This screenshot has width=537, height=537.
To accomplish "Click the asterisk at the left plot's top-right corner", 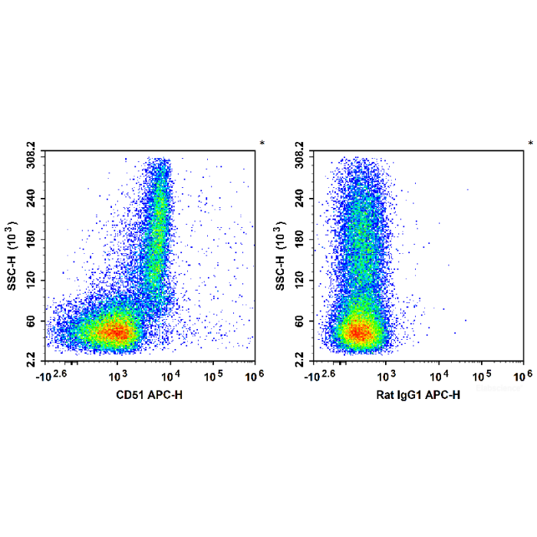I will click(x=262, y=143).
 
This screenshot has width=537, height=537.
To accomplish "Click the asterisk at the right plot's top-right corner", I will click(x=530, y=143).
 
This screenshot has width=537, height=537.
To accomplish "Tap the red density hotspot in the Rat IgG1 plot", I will click(x=357, y=332).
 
